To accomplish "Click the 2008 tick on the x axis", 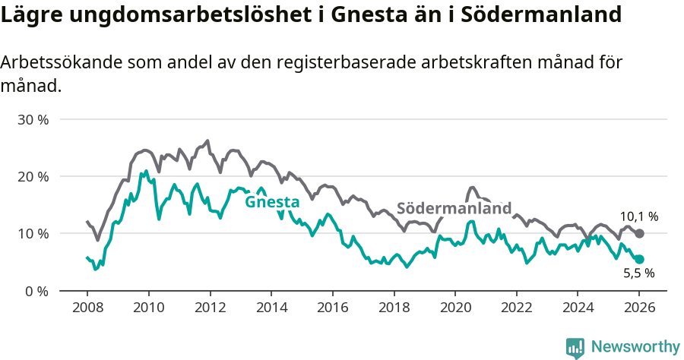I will pyautogui.click(x=87, y=309).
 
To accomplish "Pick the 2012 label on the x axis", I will pyautogui.click(x=210, y=309).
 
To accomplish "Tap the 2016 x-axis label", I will pyautogui.click(x=333, y=309).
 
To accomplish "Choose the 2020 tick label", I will pyautogui.click(x=455, y=309).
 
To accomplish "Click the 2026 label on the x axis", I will pyautogui.click(x=639, y=309).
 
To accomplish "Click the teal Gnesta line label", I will pyautogui.click(x=271, y=202).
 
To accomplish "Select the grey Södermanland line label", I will pyautogui.click(x=454, y=208).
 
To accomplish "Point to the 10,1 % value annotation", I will pyautogui.click(x=639, y=216).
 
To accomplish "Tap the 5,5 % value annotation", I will pyautogui.click(x=639, y=273).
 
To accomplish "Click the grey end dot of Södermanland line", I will pyautogui.click(x=639, y=233).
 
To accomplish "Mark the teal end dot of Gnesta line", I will pyautogui.click(x=639, y=259).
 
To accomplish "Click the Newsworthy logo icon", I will pyautogui.click(x=575, y=347).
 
